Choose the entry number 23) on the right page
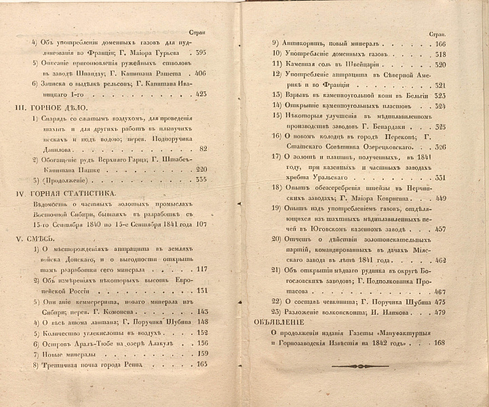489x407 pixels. (275, 312)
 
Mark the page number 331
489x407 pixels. (439, 178)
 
